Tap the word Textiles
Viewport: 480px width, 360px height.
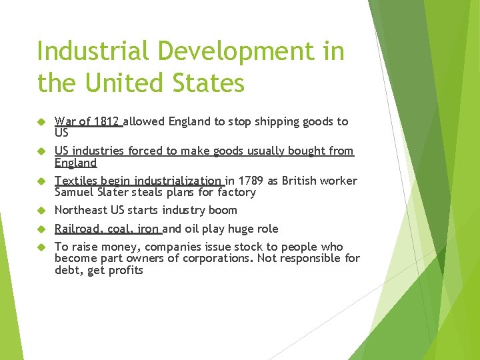(x=76, y=181)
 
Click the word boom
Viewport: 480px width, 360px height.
(x=223, y=210)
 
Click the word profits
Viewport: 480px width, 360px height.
(x=127, y=270)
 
